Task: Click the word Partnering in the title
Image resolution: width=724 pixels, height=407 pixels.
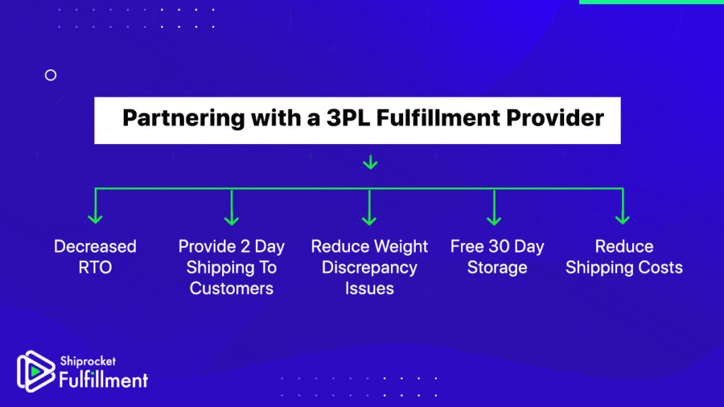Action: point(183,119)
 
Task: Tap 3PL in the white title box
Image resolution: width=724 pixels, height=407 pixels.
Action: point(348,118)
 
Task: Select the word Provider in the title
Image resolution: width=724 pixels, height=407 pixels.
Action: point(554,118)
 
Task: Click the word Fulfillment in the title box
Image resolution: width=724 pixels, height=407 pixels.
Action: point(438,118)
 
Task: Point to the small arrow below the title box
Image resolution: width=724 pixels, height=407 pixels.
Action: point(370,163)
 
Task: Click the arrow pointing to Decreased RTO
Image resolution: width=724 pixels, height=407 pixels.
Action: point(95,206)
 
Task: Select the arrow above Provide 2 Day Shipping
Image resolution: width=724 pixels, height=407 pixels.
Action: point(231,207)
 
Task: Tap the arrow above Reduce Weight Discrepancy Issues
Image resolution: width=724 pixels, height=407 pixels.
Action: point(369,207)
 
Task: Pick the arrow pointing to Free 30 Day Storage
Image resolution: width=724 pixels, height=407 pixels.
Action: point(494,207)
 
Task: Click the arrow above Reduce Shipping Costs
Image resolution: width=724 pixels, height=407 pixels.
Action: point(622,206)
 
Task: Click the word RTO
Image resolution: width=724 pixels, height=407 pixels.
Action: point(95,268)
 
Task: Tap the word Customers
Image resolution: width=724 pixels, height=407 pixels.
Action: point(231,288)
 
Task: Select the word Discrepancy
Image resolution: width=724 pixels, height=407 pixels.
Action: point(369,268)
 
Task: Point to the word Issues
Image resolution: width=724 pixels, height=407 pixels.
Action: point(369,288)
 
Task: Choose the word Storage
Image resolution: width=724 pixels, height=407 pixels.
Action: point(497,268)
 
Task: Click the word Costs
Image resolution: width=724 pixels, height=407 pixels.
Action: point(658,268)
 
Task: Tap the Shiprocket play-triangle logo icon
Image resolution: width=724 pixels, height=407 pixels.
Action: point(35,372)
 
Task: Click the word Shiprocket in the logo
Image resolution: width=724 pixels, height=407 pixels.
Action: point(88,361)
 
